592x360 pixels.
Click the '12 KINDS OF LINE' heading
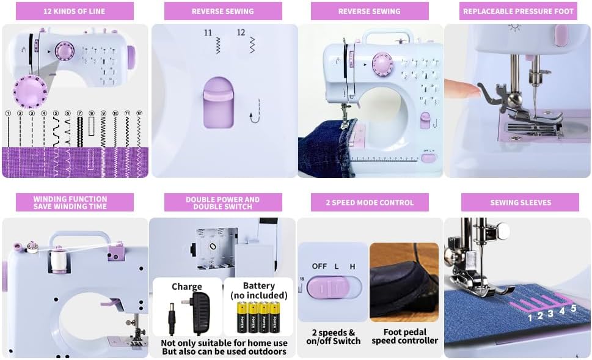[x=74, y=11]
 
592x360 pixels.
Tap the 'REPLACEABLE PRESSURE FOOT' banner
[x=518, y=11]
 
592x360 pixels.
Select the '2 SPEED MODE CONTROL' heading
[x=370, y=202]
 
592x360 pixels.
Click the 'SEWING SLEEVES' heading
[x=520, y=202]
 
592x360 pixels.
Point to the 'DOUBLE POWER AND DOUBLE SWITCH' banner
[x=223, y=202]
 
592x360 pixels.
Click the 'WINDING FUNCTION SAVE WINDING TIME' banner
[x=70, y=202]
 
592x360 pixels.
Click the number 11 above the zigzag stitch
[x=208, y=32]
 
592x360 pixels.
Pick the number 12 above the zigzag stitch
[x=241, y=32]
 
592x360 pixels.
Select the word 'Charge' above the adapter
[x=187, y=287]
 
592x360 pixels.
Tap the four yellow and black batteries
[x=258, y=317]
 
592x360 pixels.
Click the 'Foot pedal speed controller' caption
[x=404, y=336]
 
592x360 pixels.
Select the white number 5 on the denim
[x=573, y=308]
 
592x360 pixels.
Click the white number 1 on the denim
[x=530, y=317]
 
